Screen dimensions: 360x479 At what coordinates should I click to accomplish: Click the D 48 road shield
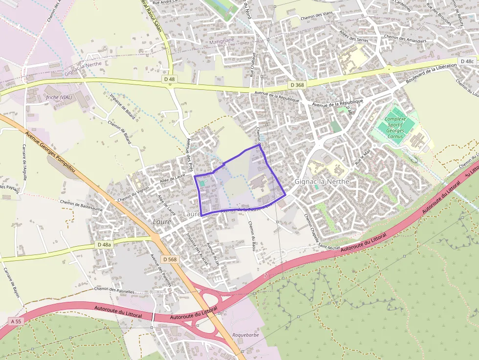click(170, 79)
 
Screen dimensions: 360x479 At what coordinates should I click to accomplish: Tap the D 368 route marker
click(297, 85)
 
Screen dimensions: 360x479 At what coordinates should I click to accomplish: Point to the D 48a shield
click(104, 244)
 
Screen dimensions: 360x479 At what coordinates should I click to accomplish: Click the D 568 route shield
click(170, 259)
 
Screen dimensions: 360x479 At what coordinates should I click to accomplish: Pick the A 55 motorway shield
click(16, 321)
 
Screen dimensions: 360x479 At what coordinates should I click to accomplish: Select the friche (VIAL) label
click(59, 97)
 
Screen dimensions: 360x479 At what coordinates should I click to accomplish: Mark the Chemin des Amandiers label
click(405, 39)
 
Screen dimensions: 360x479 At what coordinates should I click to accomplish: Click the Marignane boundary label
click(221, 42)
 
